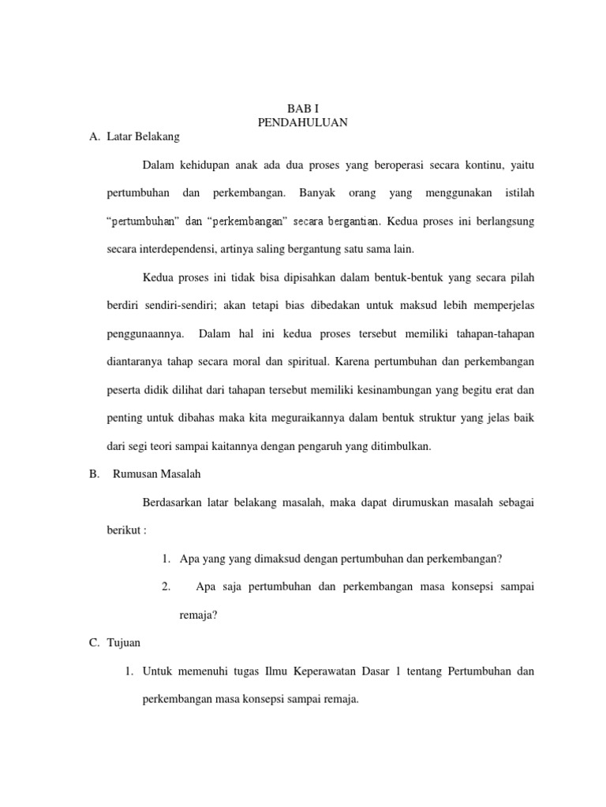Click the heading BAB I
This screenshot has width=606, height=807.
[303, 108]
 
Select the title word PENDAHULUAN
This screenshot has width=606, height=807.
[303, 122]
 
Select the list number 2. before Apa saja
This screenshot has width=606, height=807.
[166, 587]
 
